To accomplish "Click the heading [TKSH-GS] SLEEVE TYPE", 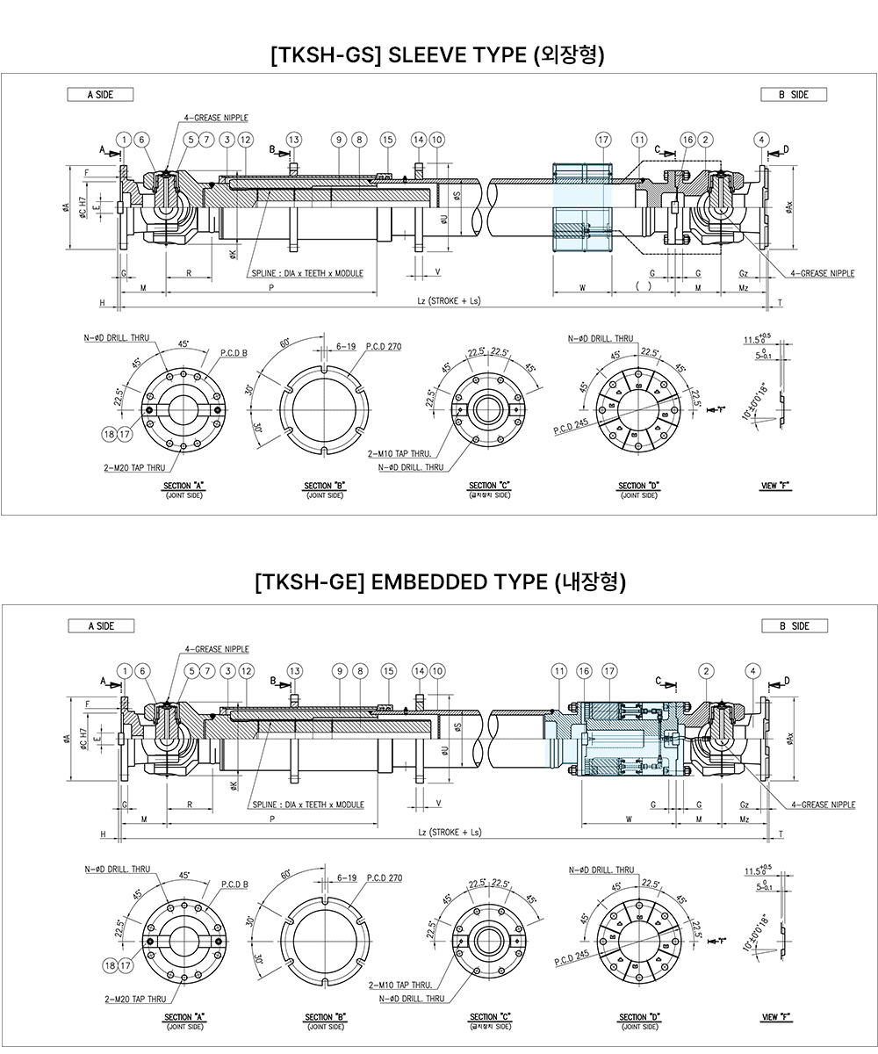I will pyautogui.click(x=438, y=54).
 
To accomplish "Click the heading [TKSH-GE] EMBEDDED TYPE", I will pyautogui.click(x=438, y=583).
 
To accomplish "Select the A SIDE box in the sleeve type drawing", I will pyautogui.click(x=100, y=95).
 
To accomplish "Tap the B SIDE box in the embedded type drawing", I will pyautogui.click(x=793, y=626).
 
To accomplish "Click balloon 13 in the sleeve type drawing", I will pyautogui.click(x=293, y=140).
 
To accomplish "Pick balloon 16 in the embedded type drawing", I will pyautogui.click(x=585, y=671).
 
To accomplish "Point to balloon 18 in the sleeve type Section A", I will pyautogui.click(x=109, y=434).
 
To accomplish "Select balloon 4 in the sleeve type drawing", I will pyautogui.click(x=761, y=140).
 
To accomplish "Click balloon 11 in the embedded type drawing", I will pyautogui.click(x=559, y=671).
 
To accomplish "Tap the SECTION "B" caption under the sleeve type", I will pyautogui.click(x=324, y=487).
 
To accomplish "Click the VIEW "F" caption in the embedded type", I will pyautogui.click(x=776, y=1017).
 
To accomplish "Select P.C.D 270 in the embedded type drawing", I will pyautogui.click(x=383, y=877).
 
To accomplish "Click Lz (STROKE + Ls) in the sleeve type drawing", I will pyautogui.click(x=448, y=300).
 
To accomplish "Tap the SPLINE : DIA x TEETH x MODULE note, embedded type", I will pyautogui.click(x=307, y=805).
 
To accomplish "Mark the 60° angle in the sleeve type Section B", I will pyautogui.click(x=286, y=344).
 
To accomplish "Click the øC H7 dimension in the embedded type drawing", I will pyautogui.click(x=83, y=736).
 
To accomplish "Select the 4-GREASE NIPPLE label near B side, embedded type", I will pyautogui.click(x=823, y=805).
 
